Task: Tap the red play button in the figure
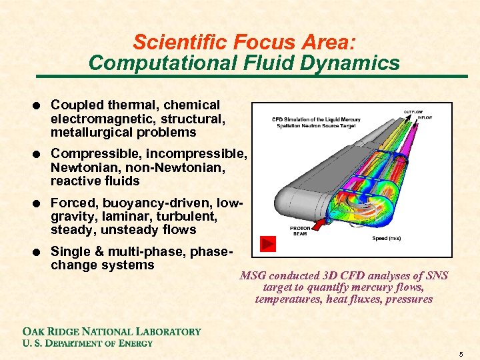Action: (x=268, y=244)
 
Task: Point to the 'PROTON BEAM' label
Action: (x=300, y=231)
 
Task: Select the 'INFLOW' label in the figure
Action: (x=425, y=117)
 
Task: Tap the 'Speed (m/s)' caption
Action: (x=387, y=238)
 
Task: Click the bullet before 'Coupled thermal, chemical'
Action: (x=41, y=105)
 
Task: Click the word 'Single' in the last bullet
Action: (x=69, y=251)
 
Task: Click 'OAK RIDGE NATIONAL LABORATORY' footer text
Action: (x=112, y=331)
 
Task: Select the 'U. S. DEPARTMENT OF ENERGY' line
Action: (x=87, y=343)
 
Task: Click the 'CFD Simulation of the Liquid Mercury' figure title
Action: (x=316, y=120)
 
